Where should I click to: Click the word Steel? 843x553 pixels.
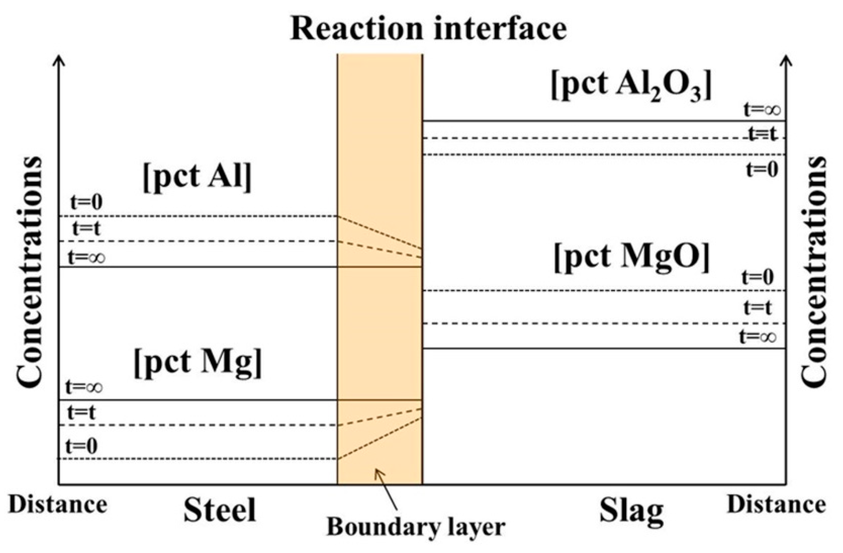[x=220, y=510]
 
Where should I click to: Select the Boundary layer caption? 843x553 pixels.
[x=416, y=527]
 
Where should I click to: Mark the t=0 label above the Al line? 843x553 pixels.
[x=86, y=203]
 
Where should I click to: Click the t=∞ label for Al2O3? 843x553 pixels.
[x=762, y=109]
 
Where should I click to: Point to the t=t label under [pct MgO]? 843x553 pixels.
[x=758, y=307]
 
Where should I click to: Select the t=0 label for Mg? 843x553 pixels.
[x=82, y=446]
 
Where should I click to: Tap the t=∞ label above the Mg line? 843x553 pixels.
[x=84, y=387]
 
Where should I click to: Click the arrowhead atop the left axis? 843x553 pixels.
[x=59, y=60]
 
